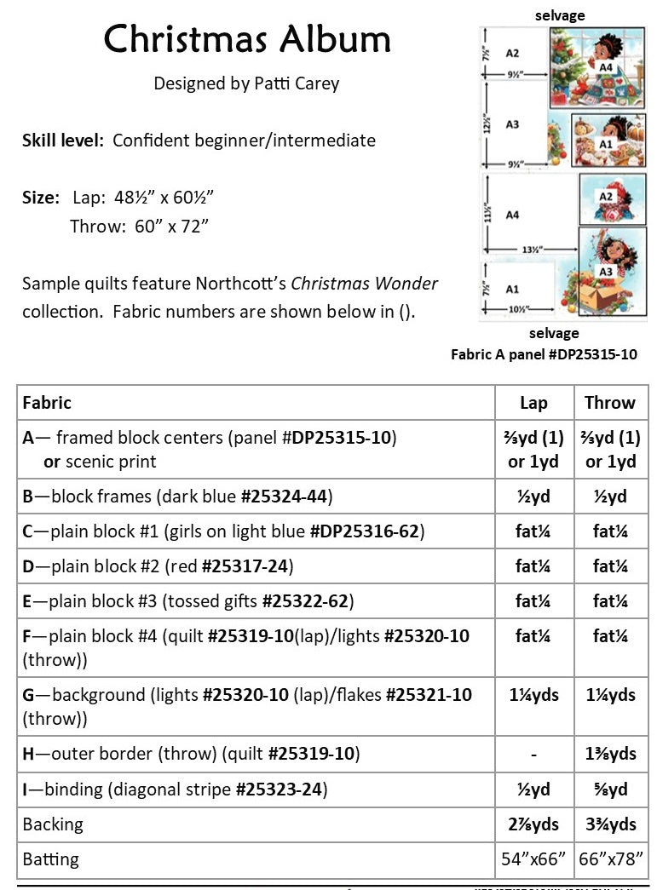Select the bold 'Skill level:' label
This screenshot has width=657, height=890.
(64, 140)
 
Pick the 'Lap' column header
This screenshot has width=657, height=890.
(533, 403)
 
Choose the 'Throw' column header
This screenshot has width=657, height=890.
(609, 403)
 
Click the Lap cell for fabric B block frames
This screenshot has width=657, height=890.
(533, 497)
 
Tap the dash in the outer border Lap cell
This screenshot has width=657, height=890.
(533, 754)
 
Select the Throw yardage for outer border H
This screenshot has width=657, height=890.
(610, 754)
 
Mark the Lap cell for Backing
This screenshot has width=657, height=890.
(533, 824)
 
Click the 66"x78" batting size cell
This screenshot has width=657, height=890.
(610, 858)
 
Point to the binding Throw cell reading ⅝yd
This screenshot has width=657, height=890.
(610, 790)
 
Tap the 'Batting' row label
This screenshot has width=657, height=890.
(51, 858)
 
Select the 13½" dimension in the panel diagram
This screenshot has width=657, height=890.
(532, 250)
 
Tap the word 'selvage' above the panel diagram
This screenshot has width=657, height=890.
(560, 15)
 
